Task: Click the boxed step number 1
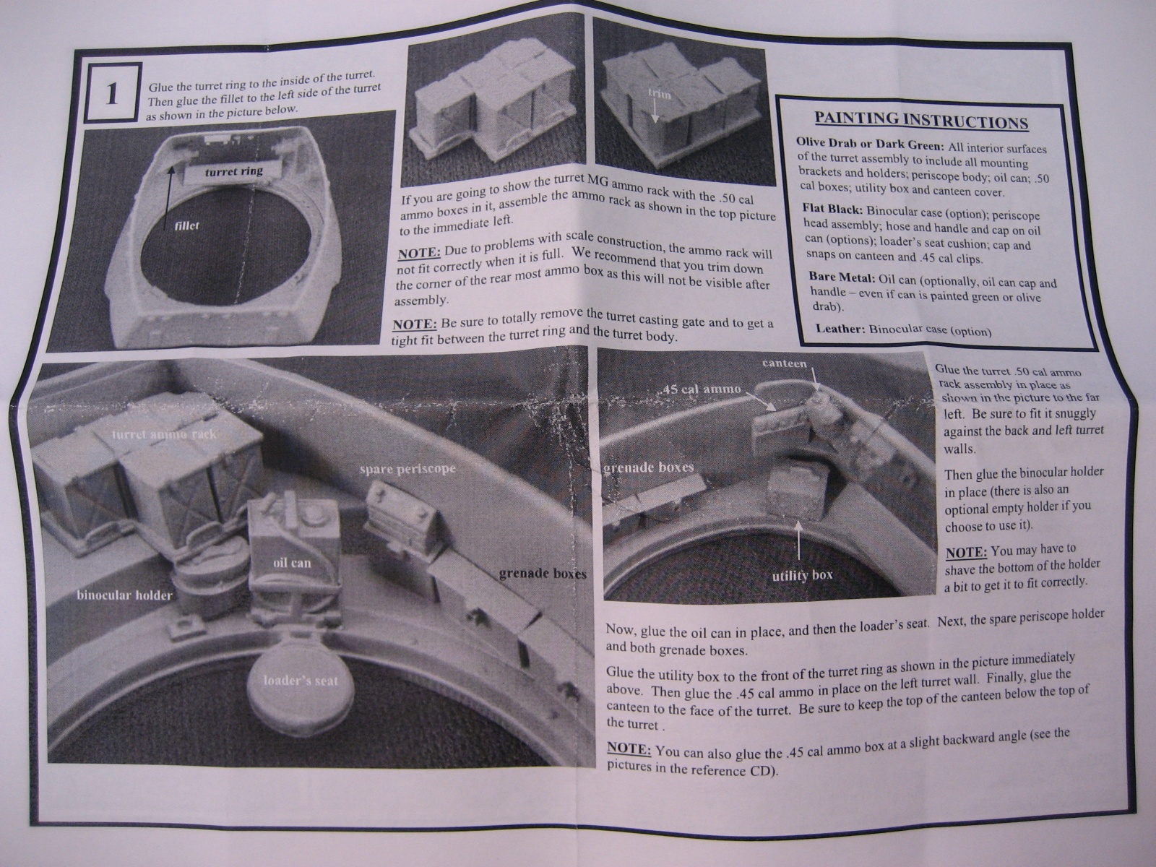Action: click(111, 94)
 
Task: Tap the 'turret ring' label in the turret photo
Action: click(234, 171)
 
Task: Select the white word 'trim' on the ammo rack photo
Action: click(659, 94)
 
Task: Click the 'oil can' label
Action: click(292, 563)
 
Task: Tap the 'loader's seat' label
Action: click(301, 681)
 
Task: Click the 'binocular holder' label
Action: click(124, 595)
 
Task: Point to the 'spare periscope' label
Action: click(407, 468)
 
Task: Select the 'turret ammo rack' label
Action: click(164, 435)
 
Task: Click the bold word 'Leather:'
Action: click(840, 329)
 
